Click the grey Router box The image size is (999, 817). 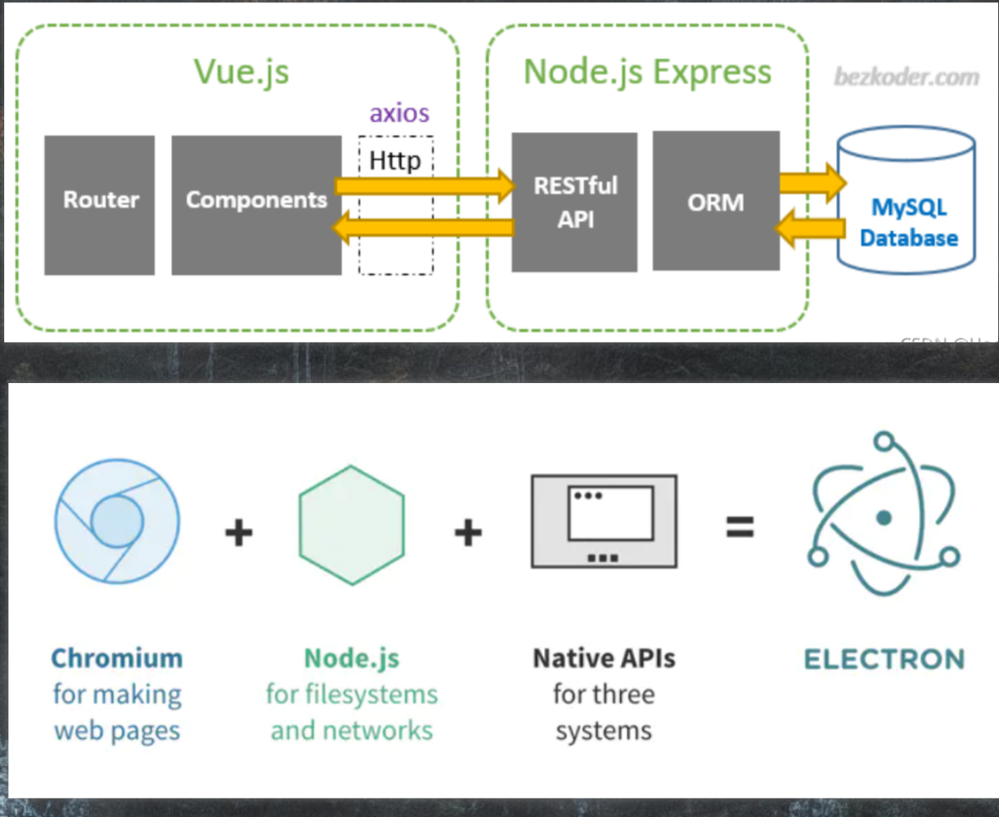click(x=100, y=205)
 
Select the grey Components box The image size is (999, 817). click(x=256, y=205)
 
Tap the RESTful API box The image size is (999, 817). click(x=574, y=202)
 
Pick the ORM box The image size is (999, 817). click(x=716, y=201)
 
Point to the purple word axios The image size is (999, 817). click(x=399, y=113)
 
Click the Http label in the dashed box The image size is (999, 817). click(x=395, y=159)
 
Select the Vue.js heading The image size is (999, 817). click(x=241, y=71)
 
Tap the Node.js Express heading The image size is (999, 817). click(x=647, y=71)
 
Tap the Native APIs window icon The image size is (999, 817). click(x=604, y=520)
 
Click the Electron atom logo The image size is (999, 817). click(x=883, y=516)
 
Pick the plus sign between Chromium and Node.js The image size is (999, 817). click(x=239, y=532)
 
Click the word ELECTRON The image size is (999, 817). click(x=884, y=659)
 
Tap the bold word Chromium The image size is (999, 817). click(x=117, y=659)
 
